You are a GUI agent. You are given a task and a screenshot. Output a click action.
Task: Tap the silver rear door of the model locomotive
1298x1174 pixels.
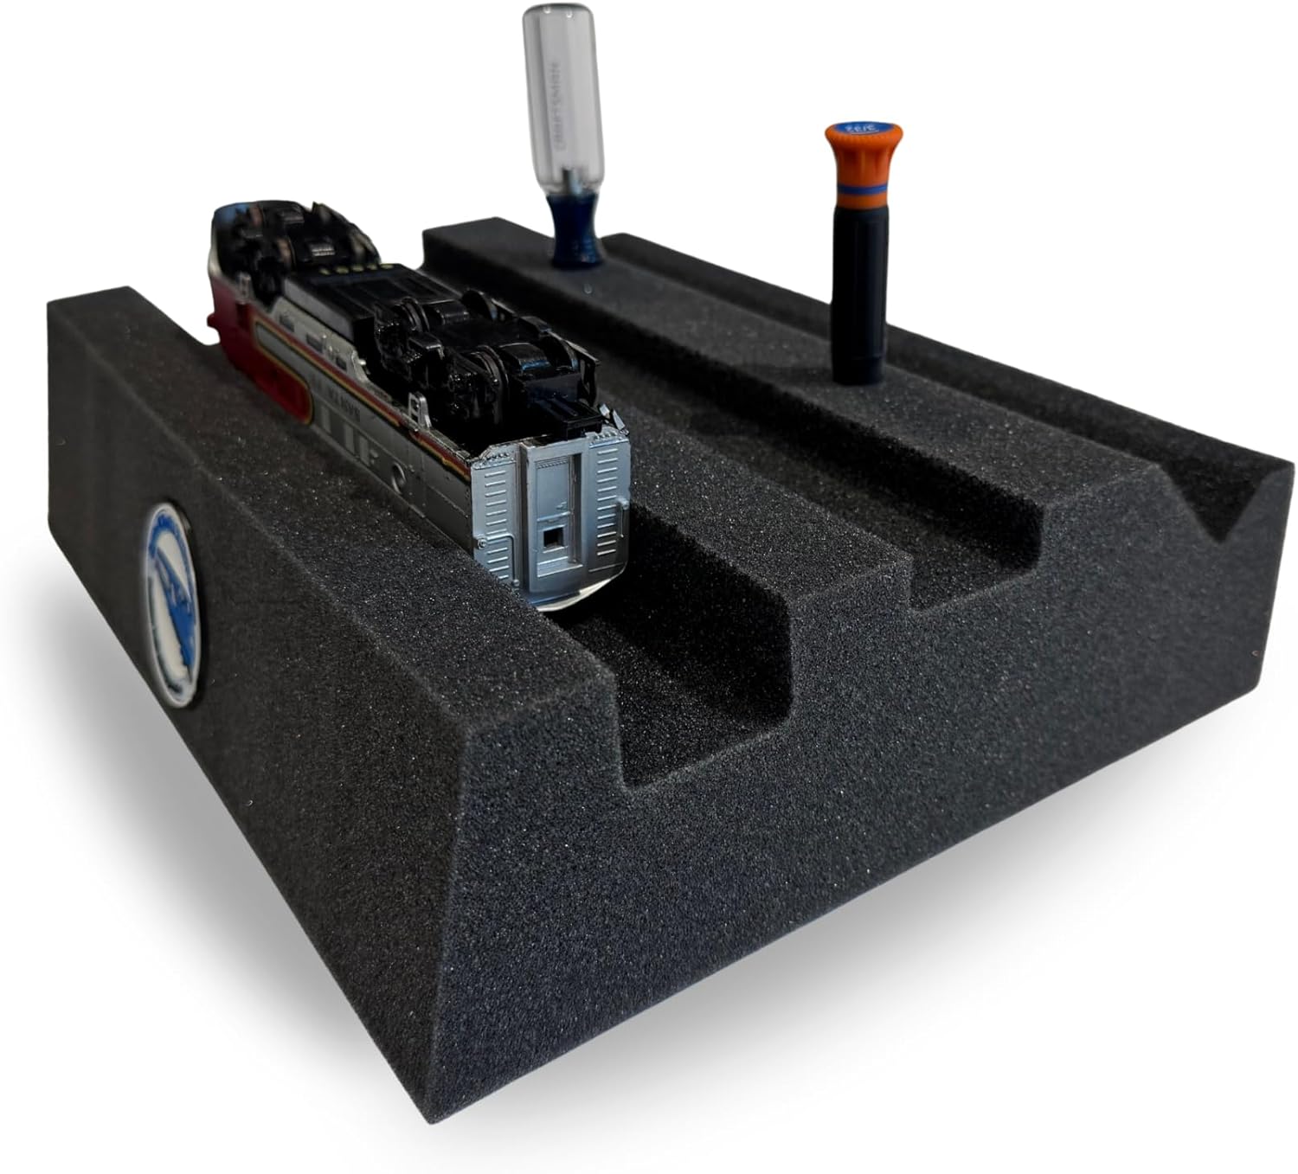554,510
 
